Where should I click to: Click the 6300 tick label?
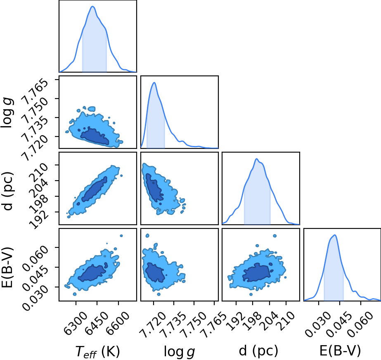tap(76, 320)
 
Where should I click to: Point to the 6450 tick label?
tap(97, 320)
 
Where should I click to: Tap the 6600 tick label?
tap(118, 320)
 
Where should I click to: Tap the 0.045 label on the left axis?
tap(35, 278)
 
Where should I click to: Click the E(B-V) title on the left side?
tap(7, 268)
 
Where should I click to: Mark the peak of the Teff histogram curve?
tap(92, 6)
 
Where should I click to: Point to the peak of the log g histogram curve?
tap(154, 82)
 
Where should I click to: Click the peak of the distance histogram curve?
tap(257, 159)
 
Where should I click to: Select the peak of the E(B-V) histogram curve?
tap(335, 235)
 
